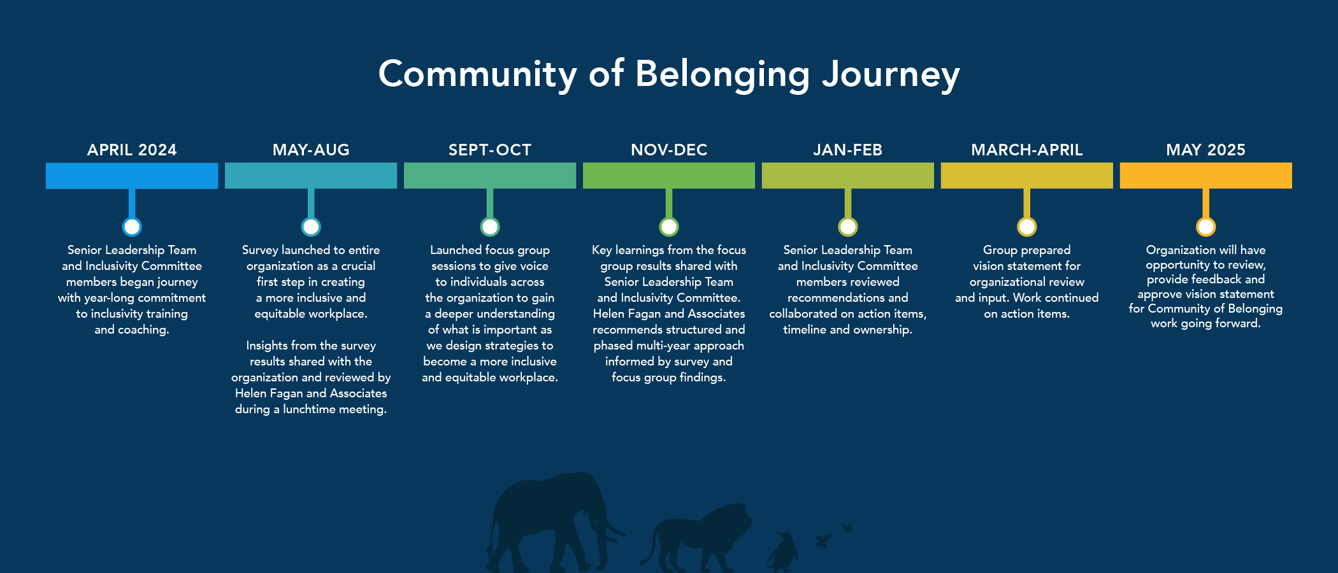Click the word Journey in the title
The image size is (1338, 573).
click(891, 75)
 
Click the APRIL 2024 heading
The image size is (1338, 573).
click(132, 150)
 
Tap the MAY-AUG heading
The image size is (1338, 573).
click(311, 150)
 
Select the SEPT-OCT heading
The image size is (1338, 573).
click(490, 150)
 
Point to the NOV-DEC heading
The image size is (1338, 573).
click(669, 150)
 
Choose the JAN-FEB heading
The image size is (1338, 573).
click(848, 150)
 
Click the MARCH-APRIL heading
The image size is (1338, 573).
click(1027, 150)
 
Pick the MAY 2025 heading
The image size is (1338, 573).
click(1205, 150)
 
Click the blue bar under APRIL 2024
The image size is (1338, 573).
click(132, 176)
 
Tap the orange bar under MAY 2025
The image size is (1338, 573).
click(1205, 176)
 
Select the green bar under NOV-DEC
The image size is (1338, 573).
click(669, 176)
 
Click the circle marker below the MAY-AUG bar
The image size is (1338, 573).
click(311, 227)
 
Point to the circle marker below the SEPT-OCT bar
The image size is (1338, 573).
click(490, 227)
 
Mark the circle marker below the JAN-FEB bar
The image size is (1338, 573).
click(848, 227)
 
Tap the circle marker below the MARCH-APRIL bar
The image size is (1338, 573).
click(1027, 227)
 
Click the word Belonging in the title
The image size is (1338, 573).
click(723, 75)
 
